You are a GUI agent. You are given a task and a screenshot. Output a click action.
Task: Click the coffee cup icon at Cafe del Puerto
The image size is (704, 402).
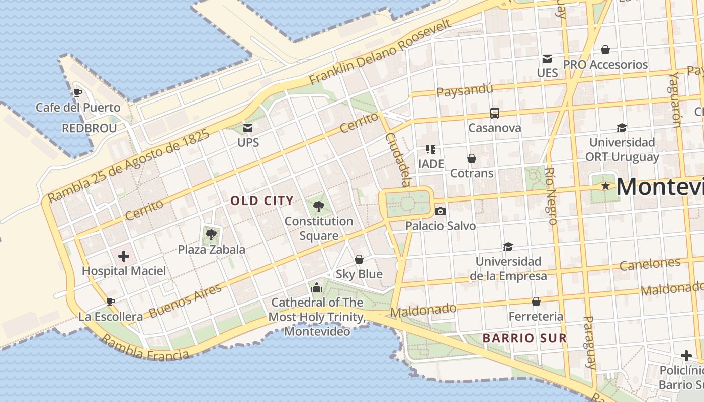77,92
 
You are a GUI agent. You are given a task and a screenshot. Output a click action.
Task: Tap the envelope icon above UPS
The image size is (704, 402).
248,128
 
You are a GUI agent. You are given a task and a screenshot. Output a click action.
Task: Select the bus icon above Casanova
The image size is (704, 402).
495,113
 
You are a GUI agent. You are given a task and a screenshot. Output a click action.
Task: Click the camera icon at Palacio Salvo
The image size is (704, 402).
441,211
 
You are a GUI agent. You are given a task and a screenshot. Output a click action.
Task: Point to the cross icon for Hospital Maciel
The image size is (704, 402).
124,257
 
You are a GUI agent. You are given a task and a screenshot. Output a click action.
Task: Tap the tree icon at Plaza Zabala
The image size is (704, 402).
211,234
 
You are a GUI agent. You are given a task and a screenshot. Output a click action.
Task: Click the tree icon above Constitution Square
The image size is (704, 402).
318,206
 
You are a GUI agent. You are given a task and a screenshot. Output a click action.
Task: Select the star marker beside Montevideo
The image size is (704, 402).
606,186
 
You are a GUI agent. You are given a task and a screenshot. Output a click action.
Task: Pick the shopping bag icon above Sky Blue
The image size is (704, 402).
359,259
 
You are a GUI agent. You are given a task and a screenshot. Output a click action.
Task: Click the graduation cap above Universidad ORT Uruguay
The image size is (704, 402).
622,128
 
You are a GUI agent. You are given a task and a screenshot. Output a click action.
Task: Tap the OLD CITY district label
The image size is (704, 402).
262,201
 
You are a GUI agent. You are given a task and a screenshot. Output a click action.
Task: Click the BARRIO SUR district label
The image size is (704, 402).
524,338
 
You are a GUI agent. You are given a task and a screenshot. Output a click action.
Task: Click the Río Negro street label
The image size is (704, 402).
552,196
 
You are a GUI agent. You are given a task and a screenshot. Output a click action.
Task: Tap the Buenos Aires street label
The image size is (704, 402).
186,300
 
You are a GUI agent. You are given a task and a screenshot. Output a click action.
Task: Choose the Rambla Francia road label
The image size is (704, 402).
145,348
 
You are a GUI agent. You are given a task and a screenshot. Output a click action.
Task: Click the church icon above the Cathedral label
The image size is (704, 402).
317,287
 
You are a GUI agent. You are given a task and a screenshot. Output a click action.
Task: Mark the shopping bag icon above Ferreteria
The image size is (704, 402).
536,301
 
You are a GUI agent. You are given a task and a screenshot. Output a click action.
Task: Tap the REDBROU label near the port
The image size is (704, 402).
89,128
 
